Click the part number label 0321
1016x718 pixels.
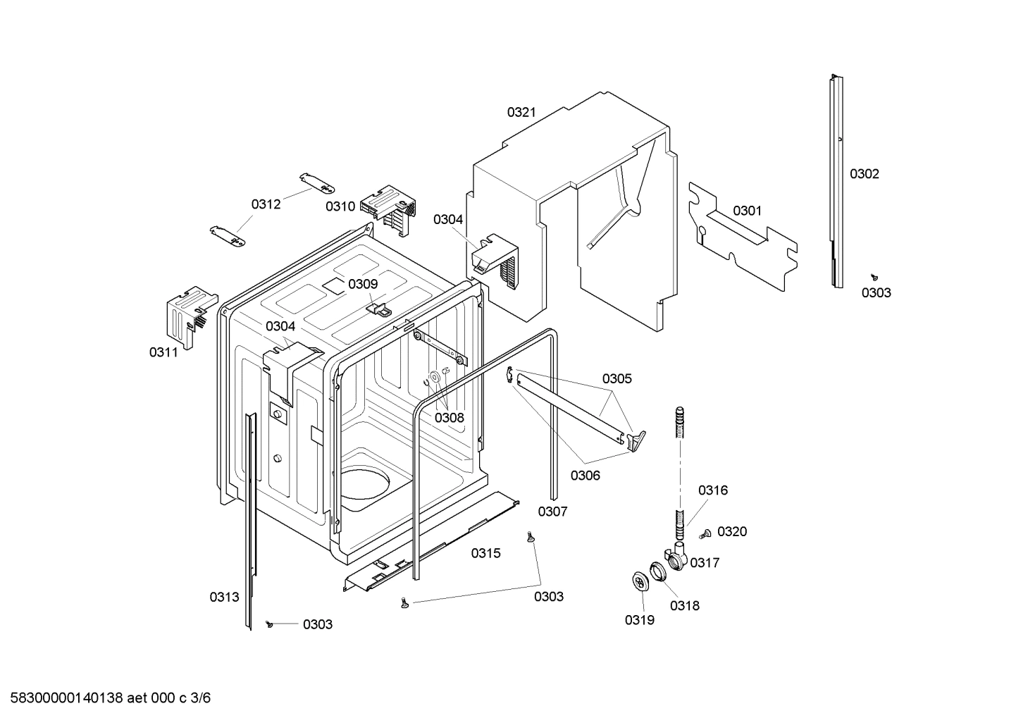[521, 111]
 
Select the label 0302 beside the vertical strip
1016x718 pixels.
[864, 174]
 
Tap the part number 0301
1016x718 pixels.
[747, 211]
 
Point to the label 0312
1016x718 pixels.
[266, 204]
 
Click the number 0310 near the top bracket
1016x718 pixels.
[340, 206]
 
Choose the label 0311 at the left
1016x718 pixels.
[163, 352]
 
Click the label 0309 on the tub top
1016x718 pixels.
[363, 284]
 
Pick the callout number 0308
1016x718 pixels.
[449, 418]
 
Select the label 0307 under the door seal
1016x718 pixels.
[552, 512]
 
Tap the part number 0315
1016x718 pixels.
[485, 553]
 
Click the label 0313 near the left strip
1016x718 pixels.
[224, 597]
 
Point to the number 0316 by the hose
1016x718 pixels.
[712, 490]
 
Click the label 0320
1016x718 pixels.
[732, 532]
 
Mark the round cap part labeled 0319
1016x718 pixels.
[640, 583]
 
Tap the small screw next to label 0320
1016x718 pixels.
[703, 536]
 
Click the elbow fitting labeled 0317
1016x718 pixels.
[677, 558]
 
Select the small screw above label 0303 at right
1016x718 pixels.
[874, 278]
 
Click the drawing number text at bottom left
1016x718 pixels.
[106, 698]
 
